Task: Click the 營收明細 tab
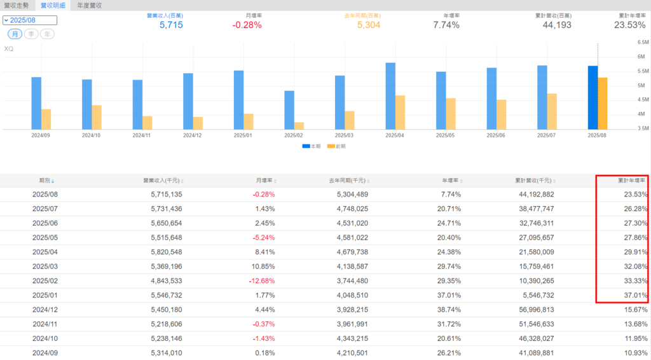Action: (x=53, y=5)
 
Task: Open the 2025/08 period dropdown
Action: (x=30, y=20)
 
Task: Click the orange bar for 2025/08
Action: (x=602, y=104)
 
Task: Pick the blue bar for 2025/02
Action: (x=289, y=110)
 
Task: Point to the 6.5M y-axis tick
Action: (x=642, y=42)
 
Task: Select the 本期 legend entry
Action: (x=311, y=146)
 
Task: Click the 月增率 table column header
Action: (x=266, y=181)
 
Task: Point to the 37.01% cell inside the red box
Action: (x=636, y=296)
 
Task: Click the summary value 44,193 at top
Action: (x=556, y=25)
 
